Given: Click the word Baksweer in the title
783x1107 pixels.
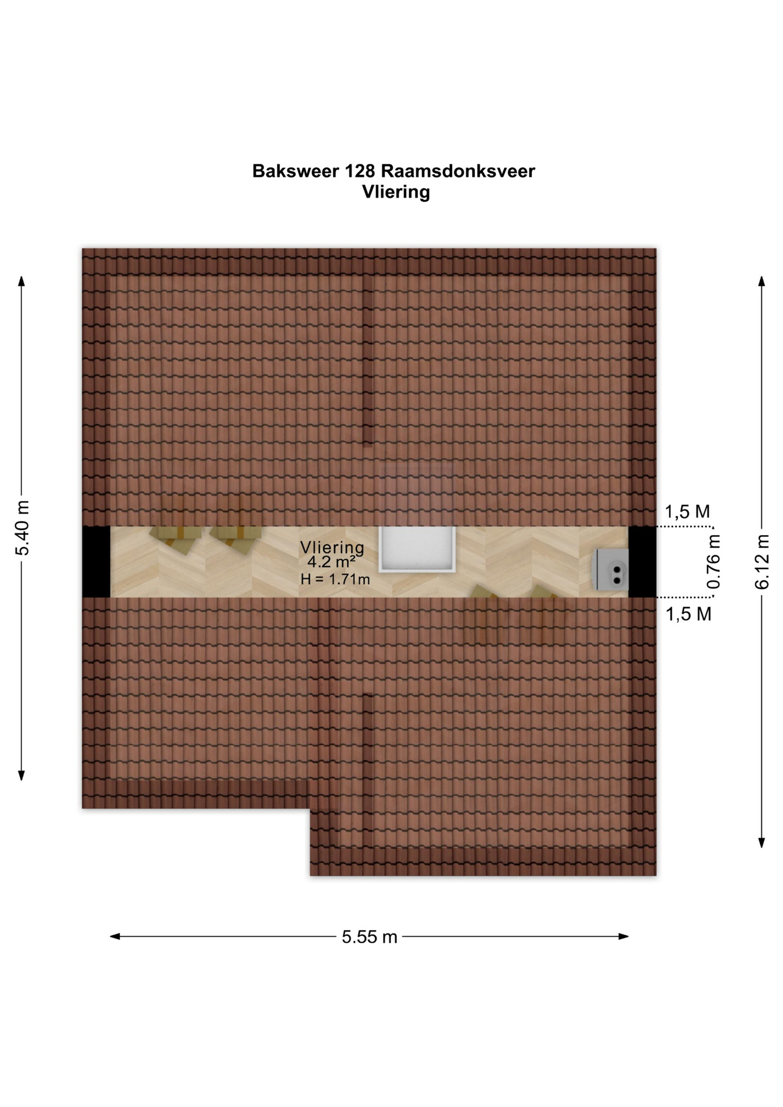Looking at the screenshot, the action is [x=295, y=171].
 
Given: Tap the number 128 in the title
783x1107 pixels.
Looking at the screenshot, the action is [x=360, y=171].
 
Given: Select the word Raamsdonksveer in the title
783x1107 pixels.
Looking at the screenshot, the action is [x=458, y=171].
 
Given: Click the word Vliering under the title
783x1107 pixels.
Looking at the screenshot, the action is [x=396, y=192].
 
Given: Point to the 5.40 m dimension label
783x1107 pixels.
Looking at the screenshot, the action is [x=22, y=528].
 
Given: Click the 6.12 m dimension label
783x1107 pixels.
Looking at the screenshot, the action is [x=762, y=562].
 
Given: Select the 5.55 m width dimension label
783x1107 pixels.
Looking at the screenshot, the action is [x=370, y=937].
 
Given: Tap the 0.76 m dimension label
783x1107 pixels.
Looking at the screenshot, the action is [x=714, y=562].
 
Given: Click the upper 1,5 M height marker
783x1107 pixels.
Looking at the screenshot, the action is [x=687, y=511].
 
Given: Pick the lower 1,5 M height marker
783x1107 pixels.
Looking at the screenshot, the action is [x=688, y=614].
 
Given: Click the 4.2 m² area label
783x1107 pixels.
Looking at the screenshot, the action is [x=331, y=562].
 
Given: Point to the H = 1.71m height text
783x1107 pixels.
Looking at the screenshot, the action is [x=335, y=579].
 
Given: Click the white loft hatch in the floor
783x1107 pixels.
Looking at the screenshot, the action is [x=417, y=549].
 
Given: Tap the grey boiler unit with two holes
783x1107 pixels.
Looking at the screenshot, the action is [x=611, y=570].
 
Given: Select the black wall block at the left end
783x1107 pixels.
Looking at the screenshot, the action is [x=96, y=562].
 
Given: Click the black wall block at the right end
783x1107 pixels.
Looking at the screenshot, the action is [x=642, y=562].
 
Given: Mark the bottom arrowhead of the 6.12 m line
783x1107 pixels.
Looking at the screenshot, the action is [x=762, y=843].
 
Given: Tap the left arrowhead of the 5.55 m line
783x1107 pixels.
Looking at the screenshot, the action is [x=115, y=937].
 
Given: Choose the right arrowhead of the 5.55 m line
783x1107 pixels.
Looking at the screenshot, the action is [x=623, y=937].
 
